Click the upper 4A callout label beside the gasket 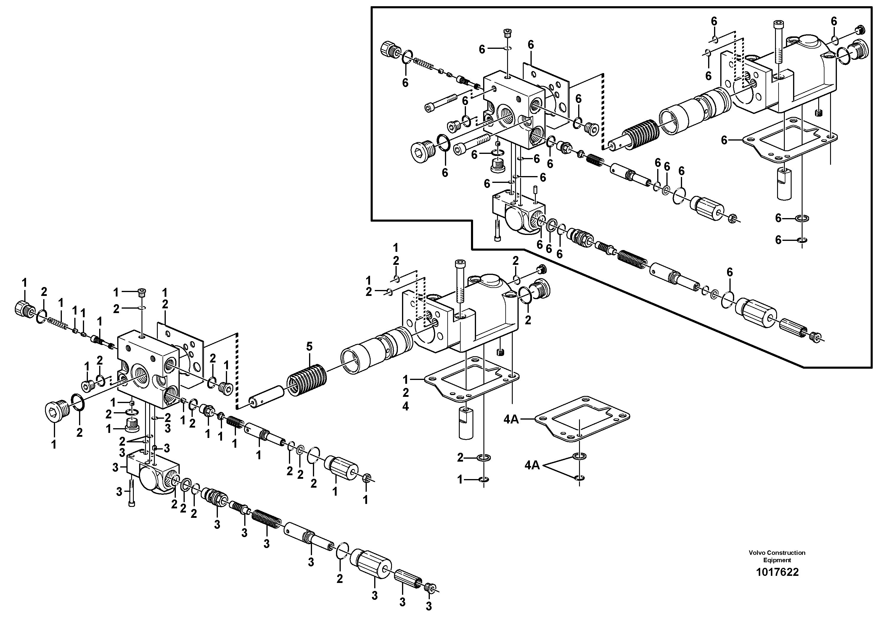pos(511,420)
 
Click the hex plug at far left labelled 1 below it pos(57,411)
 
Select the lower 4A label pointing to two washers pos(532,465)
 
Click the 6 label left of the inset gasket pos(724,140)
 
